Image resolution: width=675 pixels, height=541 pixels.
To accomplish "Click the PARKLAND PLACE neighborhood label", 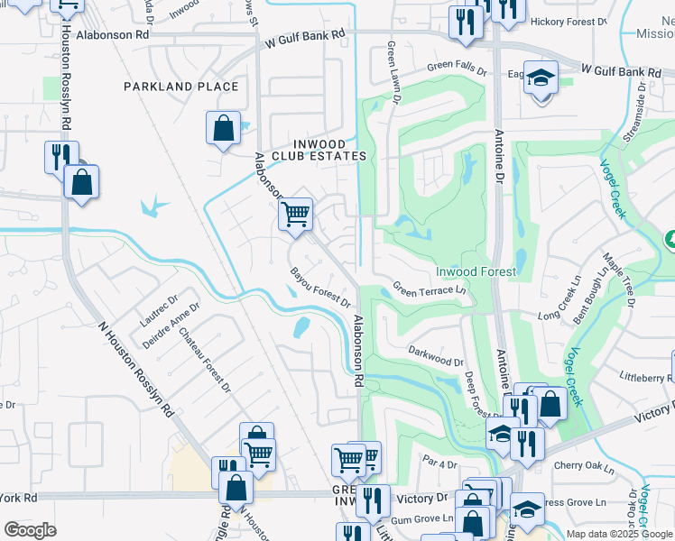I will click(x=181, y=87).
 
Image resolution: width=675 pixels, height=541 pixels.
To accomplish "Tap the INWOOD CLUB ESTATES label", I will click(x=328, y=149).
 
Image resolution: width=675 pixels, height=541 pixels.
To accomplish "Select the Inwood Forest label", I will click(x=476, y=271).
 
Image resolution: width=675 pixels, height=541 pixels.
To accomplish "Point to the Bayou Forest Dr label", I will click(x=319, y=287).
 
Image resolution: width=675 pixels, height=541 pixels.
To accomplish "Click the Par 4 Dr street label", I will click(x=440, y=463).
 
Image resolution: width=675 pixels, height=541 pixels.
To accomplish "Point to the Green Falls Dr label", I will click(x=457, y=67).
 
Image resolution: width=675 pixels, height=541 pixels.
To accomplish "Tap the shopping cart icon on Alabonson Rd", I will click(x=295, y=215).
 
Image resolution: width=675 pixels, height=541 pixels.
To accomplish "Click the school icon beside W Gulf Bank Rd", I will click(x=541, y=79).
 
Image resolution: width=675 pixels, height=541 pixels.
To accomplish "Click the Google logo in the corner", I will click(x=29, y=530).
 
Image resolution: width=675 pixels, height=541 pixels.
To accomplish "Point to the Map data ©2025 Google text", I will click(x=618, y=533).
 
